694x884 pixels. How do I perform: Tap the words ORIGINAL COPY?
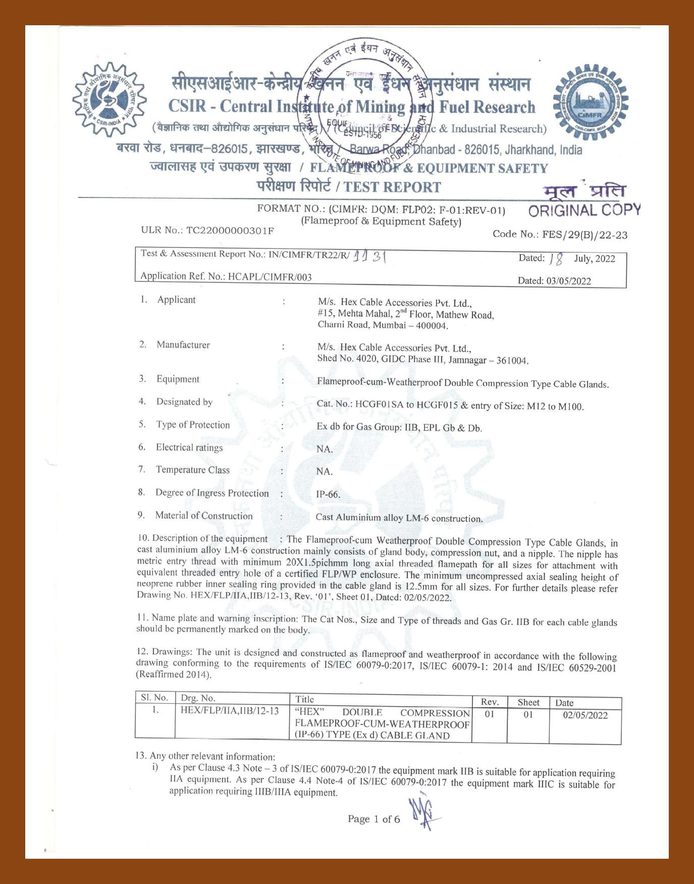pos(584,210)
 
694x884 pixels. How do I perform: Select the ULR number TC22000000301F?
pos(230,231)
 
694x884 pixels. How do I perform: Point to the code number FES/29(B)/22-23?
pos(584,235)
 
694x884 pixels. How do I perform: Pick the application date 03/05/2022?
pos(568,281)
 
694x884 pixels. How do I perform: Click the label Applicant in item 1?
pos(176,300)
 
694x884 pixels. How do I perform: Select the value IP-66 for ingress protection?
pos(328,495)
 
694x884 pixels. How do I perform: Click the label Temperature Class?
pos(192,470)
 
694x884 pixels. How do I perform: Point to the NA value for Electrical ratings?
pos(325,449)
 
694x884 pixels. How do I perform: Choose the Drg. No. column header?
pos(198,698)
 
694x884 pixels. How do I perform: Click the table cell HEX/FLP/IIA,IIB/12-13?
pos(230,711)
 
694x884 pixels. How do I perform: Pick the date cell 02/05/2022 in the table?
pos(585,715)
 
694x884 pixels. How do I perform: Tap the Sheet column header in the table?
pos(528,702)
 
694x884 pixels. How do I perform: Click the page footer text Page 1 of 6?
pos(373,819)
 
